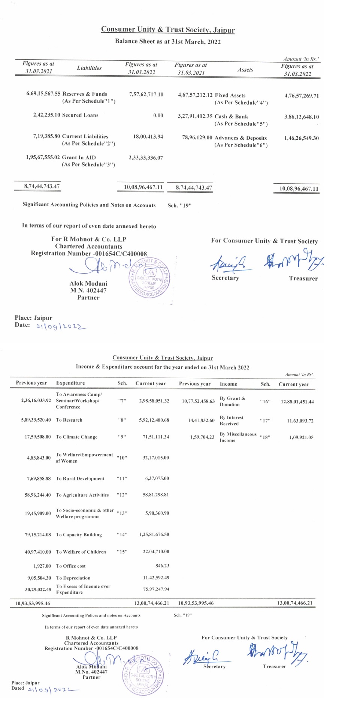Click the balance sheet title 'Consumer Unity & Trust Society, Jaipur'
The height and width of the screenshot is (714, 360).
(x=168, y=30)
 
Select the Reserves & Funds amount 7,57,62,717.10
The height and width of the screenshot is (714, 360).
(x=146, y=94)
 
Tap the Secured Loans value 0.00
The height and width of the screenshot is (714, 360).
(x=158, y=115)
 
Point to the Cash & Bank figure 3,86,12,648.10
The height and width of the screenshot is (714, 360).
(x=301, y=117)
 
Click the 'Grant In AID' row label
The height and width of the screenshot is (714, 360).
(x=79, y=158)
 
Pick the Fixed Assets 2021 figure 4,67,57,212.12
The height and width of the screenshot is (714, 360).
(x=195, y=95)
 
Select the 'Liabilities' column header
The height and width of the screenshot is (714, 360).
(x=89, y=68)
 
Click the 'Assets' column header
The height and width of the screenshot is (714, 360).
(x=245, y=70)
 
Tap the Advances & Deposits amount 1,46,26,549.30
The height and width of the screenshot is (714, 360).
(x=301, y=138)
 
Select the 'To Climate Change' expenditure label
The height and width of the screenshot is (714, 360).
(x=76, y=437)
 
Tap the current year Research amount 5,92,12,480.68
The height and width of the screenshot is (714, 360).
(x=154, y=420)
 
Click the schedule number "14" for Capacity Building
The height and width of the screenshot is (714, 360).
(x=122, y=535)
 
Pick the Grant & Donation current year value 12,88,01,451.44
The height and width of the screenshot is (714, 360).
(x=297, y=402)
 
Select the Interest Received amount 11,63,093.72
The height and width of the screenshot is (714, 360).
(x=300, y=421)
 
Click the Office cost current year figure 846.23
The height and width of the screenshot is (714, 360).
(x=162, y=566)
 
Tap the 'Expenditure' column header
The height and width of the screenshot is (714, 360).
(x=70, y=383)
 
